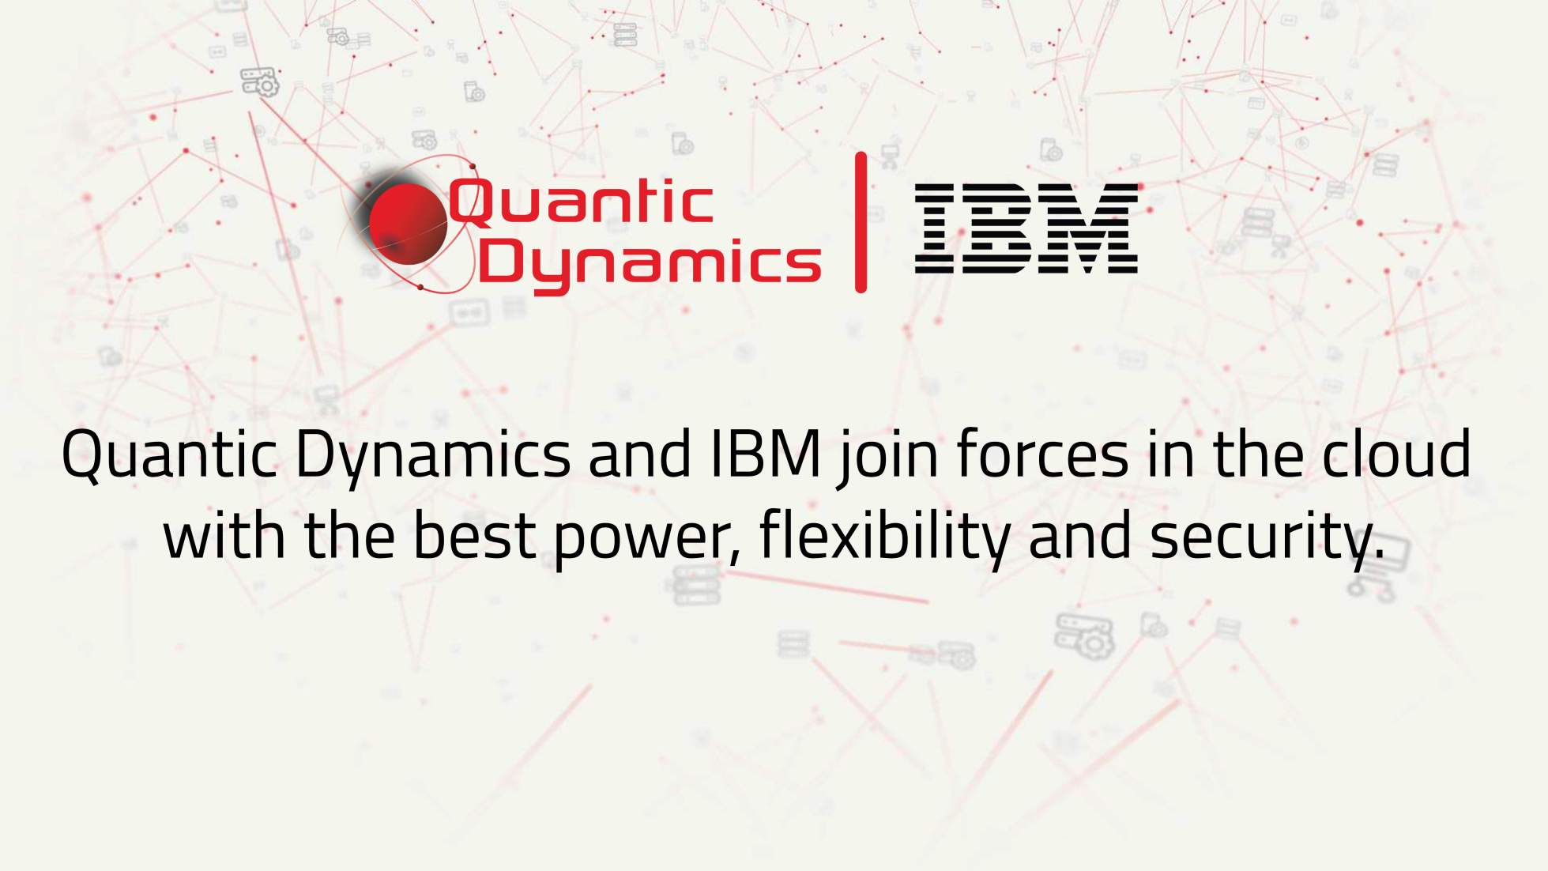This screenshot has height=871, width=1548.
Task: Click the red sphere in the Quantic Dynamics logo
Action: pyautogui.click(x=408, y=224)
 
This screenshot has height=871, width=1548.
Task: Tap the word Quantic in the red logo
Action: pyautogui.click(x=581, y=202)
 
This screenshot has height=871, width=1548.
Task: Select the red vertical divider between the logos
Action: pyautogui.click(x=861, y=223)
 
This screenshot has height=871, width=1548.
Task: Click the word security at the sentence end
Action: pyautogui.click(x=1265, y=538)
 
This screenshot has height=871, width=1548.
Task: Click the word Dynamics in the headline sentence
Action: pyautogui.click(x=431, y=456)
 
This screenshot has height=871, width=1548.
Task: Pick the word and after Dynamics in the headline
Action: pyautogui.click(x=639, y=456)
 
